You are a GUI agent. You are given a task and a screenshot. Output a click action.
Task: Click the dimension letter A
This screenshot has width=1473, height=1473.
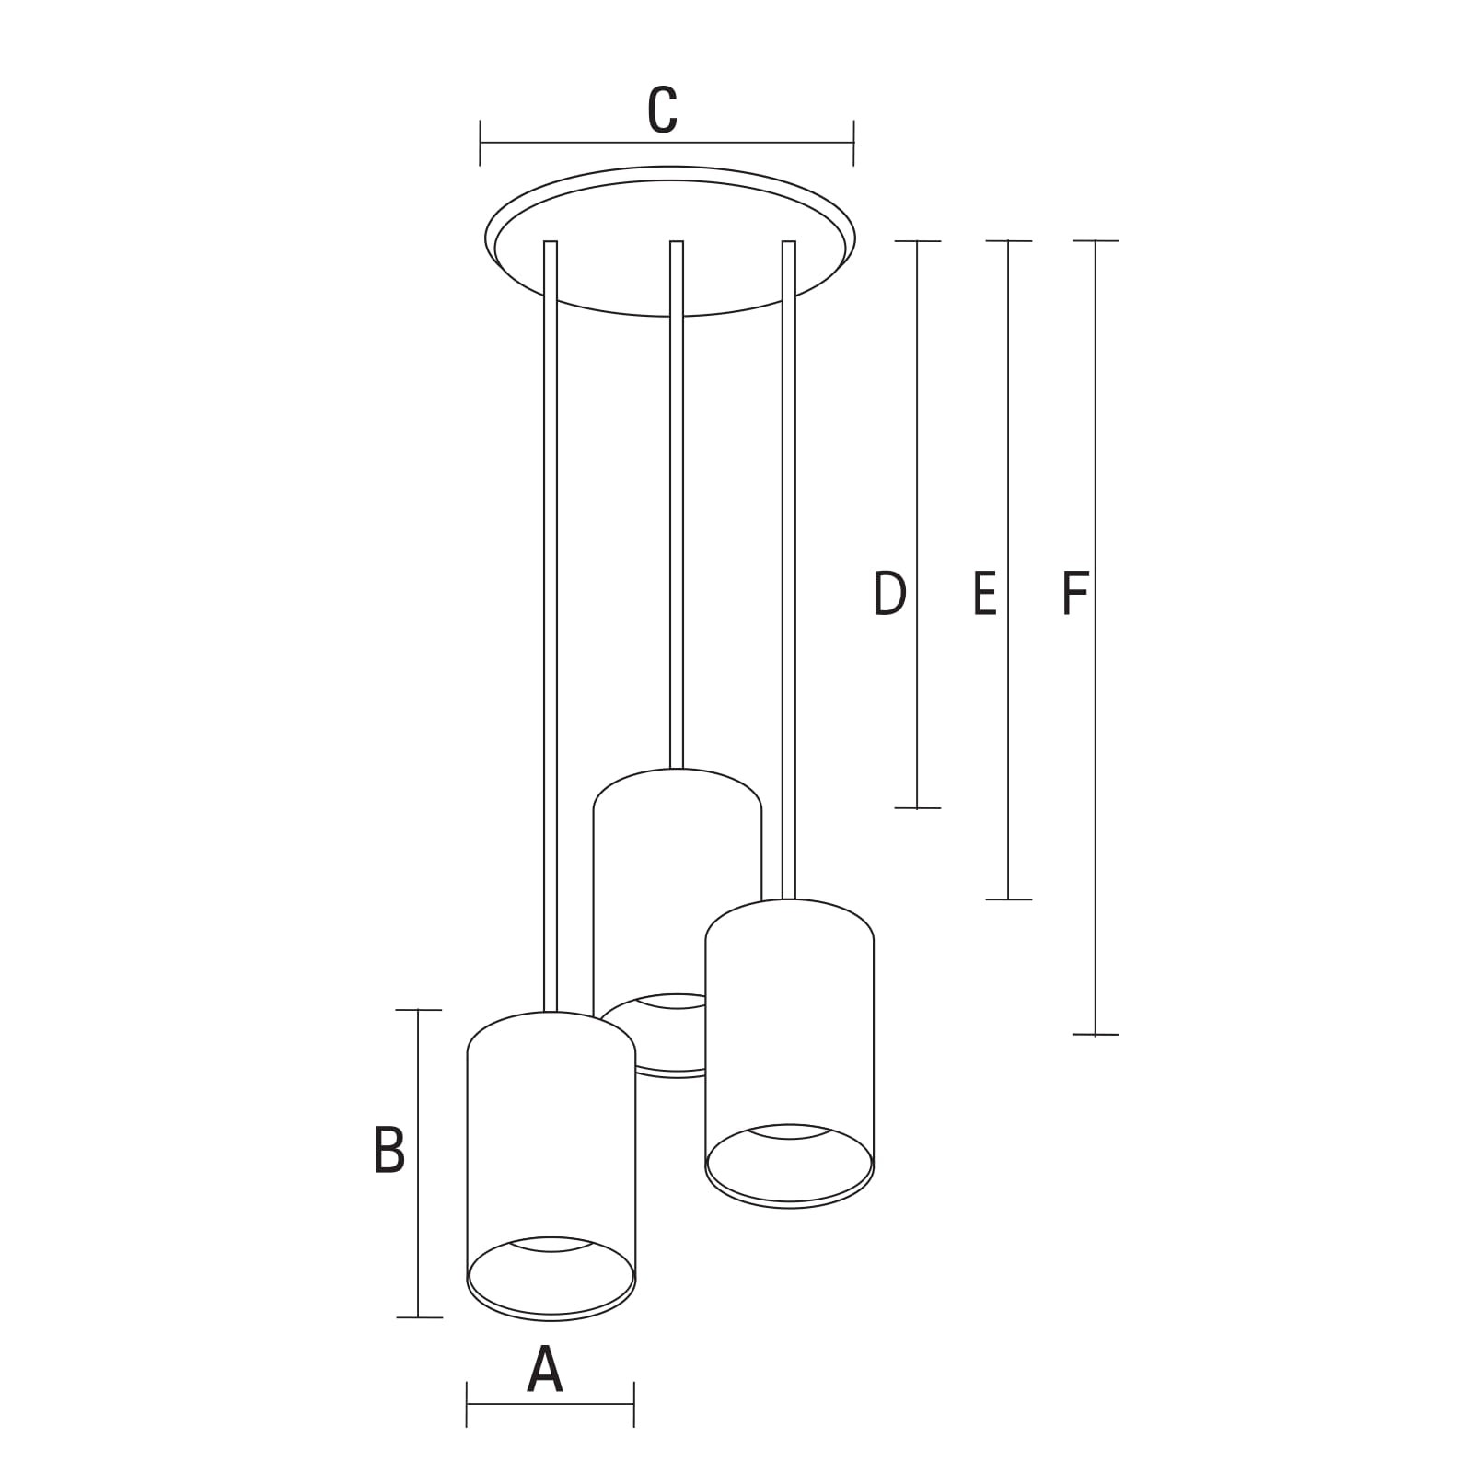coord(544,1370)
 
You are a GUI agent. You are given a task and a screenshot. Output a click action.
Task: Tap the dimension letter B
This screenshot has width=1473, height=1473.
coord(389,1150)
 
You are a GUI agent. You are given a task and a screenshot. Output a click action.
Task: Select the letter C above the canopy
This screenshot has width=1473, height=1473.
coord(663,110)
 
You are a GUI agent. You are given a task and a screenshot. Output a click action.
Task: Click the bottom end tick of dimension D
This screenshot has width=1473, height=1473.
coord(917,808)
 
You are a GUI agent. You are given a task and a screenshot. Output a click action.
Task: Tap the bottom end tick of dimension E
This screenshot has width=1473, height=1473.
coord(1008,899)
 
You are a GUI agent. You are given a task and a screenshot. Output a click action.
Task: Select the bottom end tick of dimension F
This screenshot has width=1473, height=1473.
coord(1096,1035)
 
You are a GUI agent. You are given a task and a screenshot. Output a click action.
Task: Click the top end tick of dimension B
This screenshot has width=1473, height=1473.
coord(419,1010)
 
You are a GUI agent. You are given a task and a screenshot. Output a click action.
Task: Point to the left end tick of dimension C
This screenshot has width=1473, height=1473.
coord(481,143)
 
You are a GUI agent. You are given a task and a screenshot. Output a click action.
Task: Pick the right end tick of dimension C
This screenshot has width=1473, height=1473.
coord(854,143)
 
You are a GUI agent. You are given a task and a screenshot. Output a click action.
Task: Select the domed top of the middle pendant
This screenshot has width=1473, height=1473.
coord(678,770)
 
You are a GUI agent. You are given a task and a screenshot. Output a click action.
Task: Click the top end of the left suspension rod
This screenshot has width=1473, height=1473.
coord(551,242)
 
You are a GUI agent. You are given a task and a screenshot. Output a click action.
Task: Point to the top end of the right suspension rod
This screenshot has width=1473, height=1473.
coord(789,242)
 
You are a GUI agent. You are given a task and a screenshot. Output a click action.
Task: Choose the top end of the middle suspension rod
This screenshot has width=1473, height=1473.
coord(677,242)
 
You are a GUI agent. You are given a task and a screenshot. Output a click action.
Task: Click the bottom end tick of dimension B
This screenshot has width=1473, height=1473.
coord(419,1317)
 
